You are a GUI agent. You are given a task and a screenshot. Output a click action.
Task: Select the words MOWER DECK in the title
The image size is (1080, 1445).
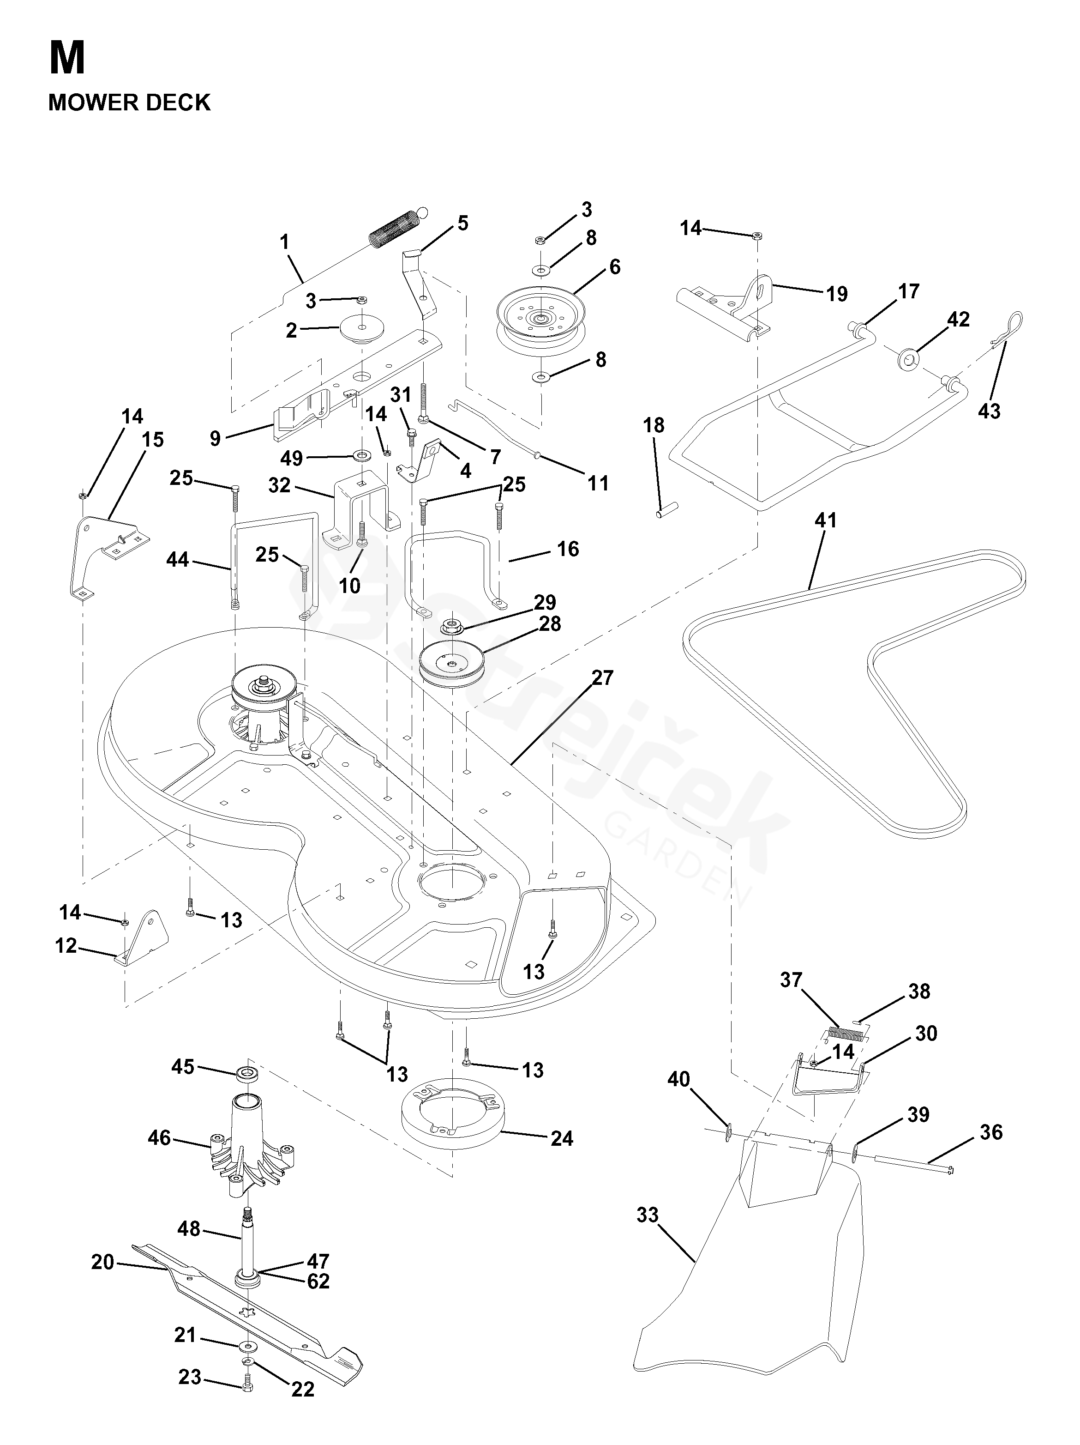point(129,103)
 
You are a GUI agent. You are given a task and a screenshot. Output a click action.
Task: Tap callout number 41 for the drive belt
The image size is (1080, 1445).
point(825,520)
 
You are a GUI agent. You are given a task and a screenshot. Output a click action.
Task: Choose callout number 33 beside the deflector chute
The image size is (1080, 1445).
point(647,1215)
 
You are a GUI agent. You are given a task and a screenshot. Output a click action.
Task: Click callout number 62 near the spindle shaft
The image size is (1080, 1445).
point(318,1281)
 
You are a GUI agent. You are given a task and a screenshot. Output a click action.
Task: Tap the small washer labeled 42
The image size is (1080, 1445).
point(908,357)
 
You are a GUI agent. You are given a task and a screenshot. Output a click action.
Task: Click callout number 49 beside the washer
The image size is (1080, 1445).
point(291,458)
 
